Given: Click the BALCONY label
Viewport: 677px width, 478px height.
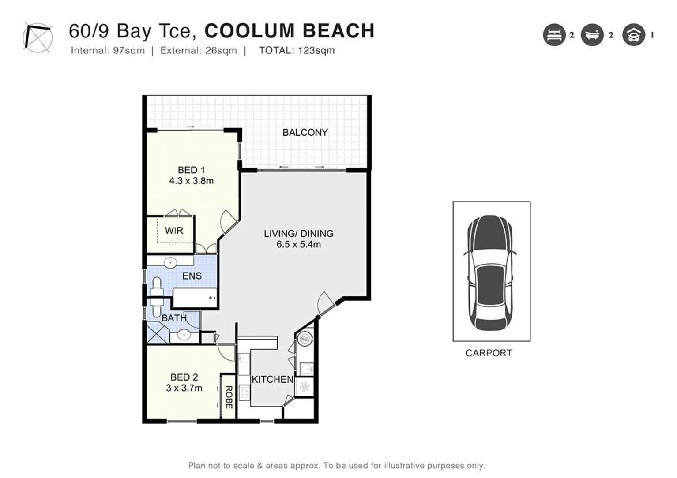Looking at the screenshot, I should (x=305, y=132).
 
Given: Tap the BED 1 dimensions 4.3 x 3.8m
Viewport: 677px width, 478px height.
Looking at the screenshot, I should (x=191, y=181).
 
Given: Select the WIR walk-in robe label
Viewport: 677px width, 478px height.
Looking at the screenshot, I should (x=174, y=231).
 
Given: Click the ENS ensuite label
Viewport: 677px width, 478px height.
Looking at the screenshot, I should (x=192, y=276).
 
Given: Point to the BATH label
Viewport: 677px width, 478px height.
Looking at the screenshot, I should (x=174, y=318).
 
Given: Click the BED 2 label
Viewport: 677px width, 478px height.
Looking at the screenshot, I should (x=184, y=377).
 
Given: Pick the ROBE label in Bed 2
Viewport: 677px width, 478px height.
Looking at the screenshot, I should (x=229, y=397).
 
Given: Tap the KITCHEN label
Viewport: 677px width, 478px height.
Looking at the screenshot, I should (x=272, y=379).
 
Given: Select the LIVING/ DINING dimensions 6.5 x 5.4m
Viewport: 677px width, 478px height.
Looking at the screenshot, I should (x=298, y=244).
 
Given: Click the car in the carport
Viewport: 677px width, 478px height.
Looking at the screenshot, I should (x=490, y=273).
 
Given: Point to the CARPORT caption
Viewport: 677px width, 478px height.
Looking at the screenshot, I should (x=489, y=353).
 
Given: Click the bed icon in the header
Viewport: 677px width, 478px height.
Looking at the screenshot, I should (x=554, y=35).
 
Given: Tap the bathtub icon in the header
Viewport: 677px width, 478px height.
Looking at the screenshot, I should (x=592, y=35).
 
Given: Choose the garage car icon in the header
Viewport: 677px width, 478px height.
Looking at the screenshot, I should (x=633, y=35).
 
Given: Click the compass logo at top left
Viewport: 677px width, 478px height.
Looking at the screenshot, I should (x=38, y=37).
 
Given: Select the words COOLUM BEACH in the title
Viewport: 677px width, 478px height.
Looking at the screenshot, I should (x=290, y=31).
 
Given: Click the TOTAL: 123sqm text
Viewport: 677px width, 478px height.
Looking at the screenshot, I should (x=297, y=50).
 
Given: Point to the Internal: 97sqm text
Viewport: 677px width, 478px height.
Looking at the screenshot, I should (x=108, y=50).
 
